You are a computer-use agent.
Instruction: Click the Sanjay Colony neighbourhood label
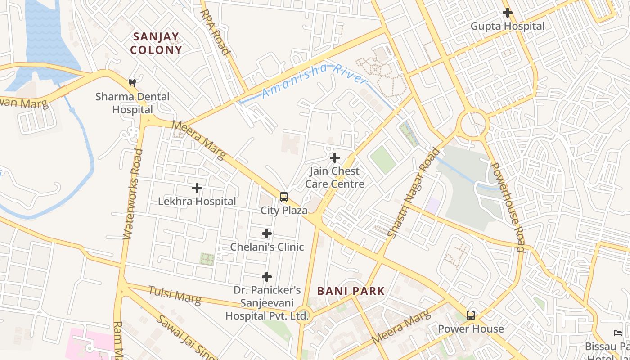[x=156, y=43]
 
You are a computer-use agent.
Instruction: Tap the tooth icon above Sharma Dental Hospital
[x=132, y=83]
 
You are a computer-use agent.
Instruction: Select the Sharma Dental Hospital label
[x=132, y=103]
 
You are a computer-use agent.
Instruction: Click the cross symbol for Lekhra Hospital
[x=197, y=188]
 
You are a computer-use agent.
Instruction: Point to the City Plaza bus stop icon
[x=283, y=197]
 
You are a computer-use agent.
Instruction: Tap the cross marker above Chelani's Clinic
[x=267, y=234]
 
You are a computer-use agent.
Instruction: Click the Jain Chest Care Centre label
[x=335, y=177]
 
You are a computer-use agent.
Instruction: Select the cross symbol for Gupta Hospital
[x=508, y=13]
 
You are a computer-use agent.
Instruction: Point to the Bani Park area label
[x=351, y=291]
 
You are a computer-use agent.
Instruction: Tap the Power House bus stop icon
[x=471, y=315]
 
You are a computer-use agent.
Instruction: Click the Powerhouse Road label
[x=508, y=207]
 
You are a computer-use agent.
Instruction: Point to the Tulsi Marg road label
[x=175, y=295]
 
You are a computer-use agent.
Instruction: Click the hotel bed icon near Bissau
[x=618, y=333]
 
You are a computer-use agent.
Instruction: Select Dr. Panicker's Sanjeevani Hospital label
[x=267, y=303]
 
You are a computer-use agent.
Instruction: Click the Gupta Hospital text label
[x=508, y=26]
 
